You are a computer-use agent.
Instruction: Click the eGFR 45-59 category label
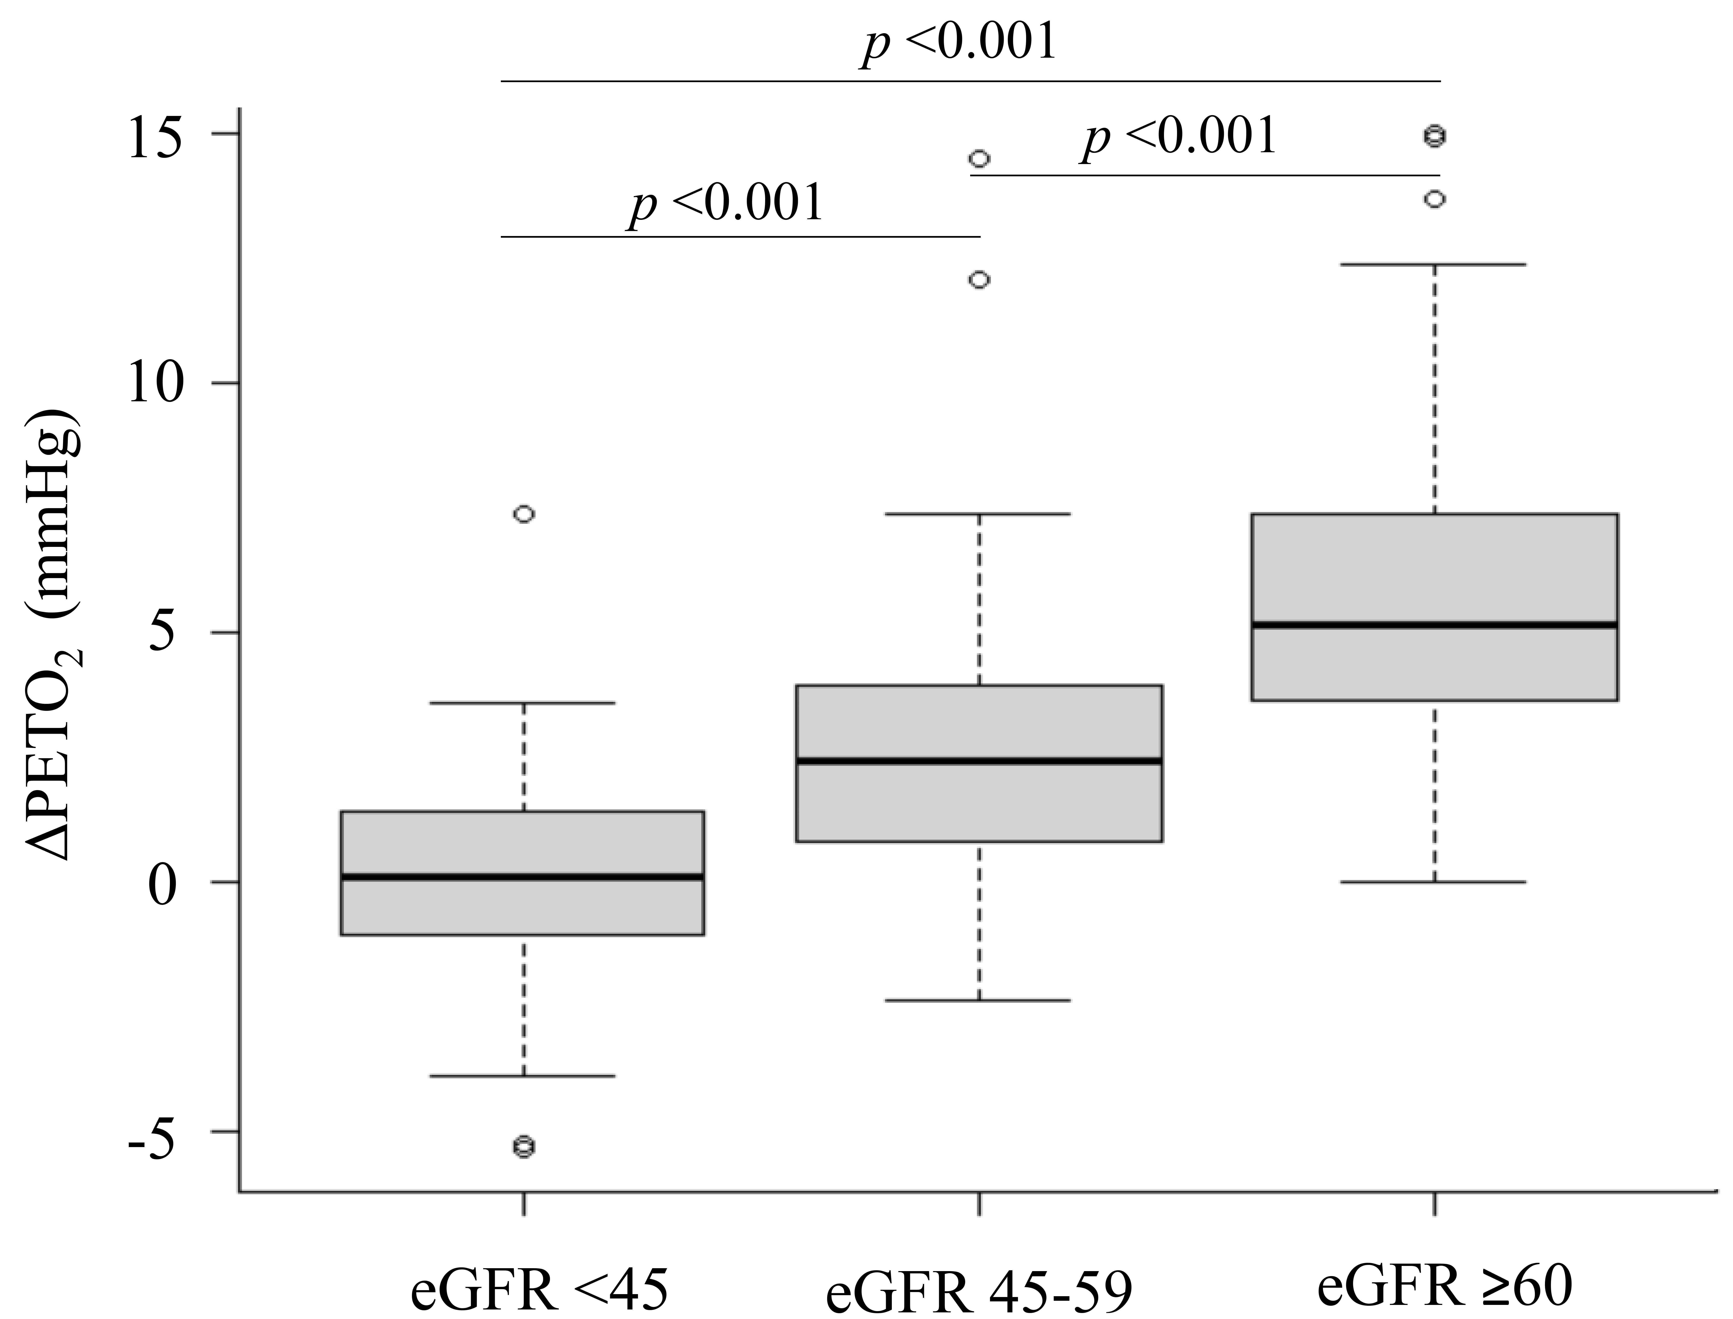point(979,1292)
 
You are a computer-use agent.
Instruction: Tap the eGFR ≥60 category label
point(1445,1286)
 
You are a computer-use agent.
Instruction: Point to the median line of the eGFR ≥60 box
point(1435,625)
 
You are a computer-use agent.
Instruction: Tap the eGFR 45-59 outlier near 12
point(979,280)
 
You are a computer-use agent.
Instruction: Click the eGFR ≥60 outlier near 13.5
point(1435,200)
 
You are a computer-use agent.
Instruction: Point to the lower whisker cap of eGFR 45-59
point(979,1000)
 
